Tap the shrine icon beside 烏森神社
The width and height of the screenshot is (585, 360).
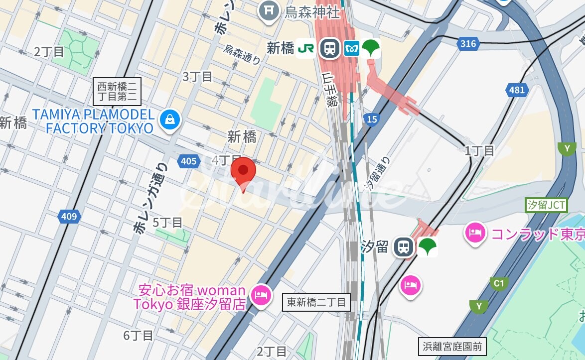tap(269, 10)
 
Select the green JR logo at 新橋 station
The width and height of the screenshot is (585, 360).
tap(305, 48)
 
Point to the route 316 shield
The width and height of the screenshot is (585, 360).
tap(468, 44)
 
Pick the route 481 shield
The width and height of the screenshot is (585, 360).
tap(517, 90)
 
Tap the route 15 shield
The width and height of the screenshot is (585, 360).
tap(371, 119)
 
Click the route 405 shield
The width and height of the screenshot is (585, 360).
tap(188, 161)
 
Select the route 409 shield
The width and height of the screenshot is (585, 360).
tap(69, 216)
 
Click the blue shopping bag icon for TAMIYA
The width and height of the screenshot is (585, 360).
tap(170, 120)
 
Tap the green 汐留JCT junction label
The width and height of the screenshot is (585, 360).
tap(546, 205)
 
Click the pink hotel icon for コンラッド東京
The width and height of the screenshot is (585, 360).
tap(475, 233)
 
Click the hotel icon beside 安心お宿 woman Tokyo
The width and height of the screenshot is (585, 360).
tap(261, 295)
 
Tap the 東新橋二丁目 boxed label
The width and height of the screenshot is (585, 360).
tap(316, 302)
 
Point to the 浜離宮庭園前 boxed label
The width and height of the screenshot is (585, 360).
tap(452, 347)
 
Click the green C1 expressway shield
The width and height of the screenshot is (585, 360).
tap(498, 284)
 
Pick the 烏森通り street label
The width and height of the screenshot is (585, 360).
tap(242, 54)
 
